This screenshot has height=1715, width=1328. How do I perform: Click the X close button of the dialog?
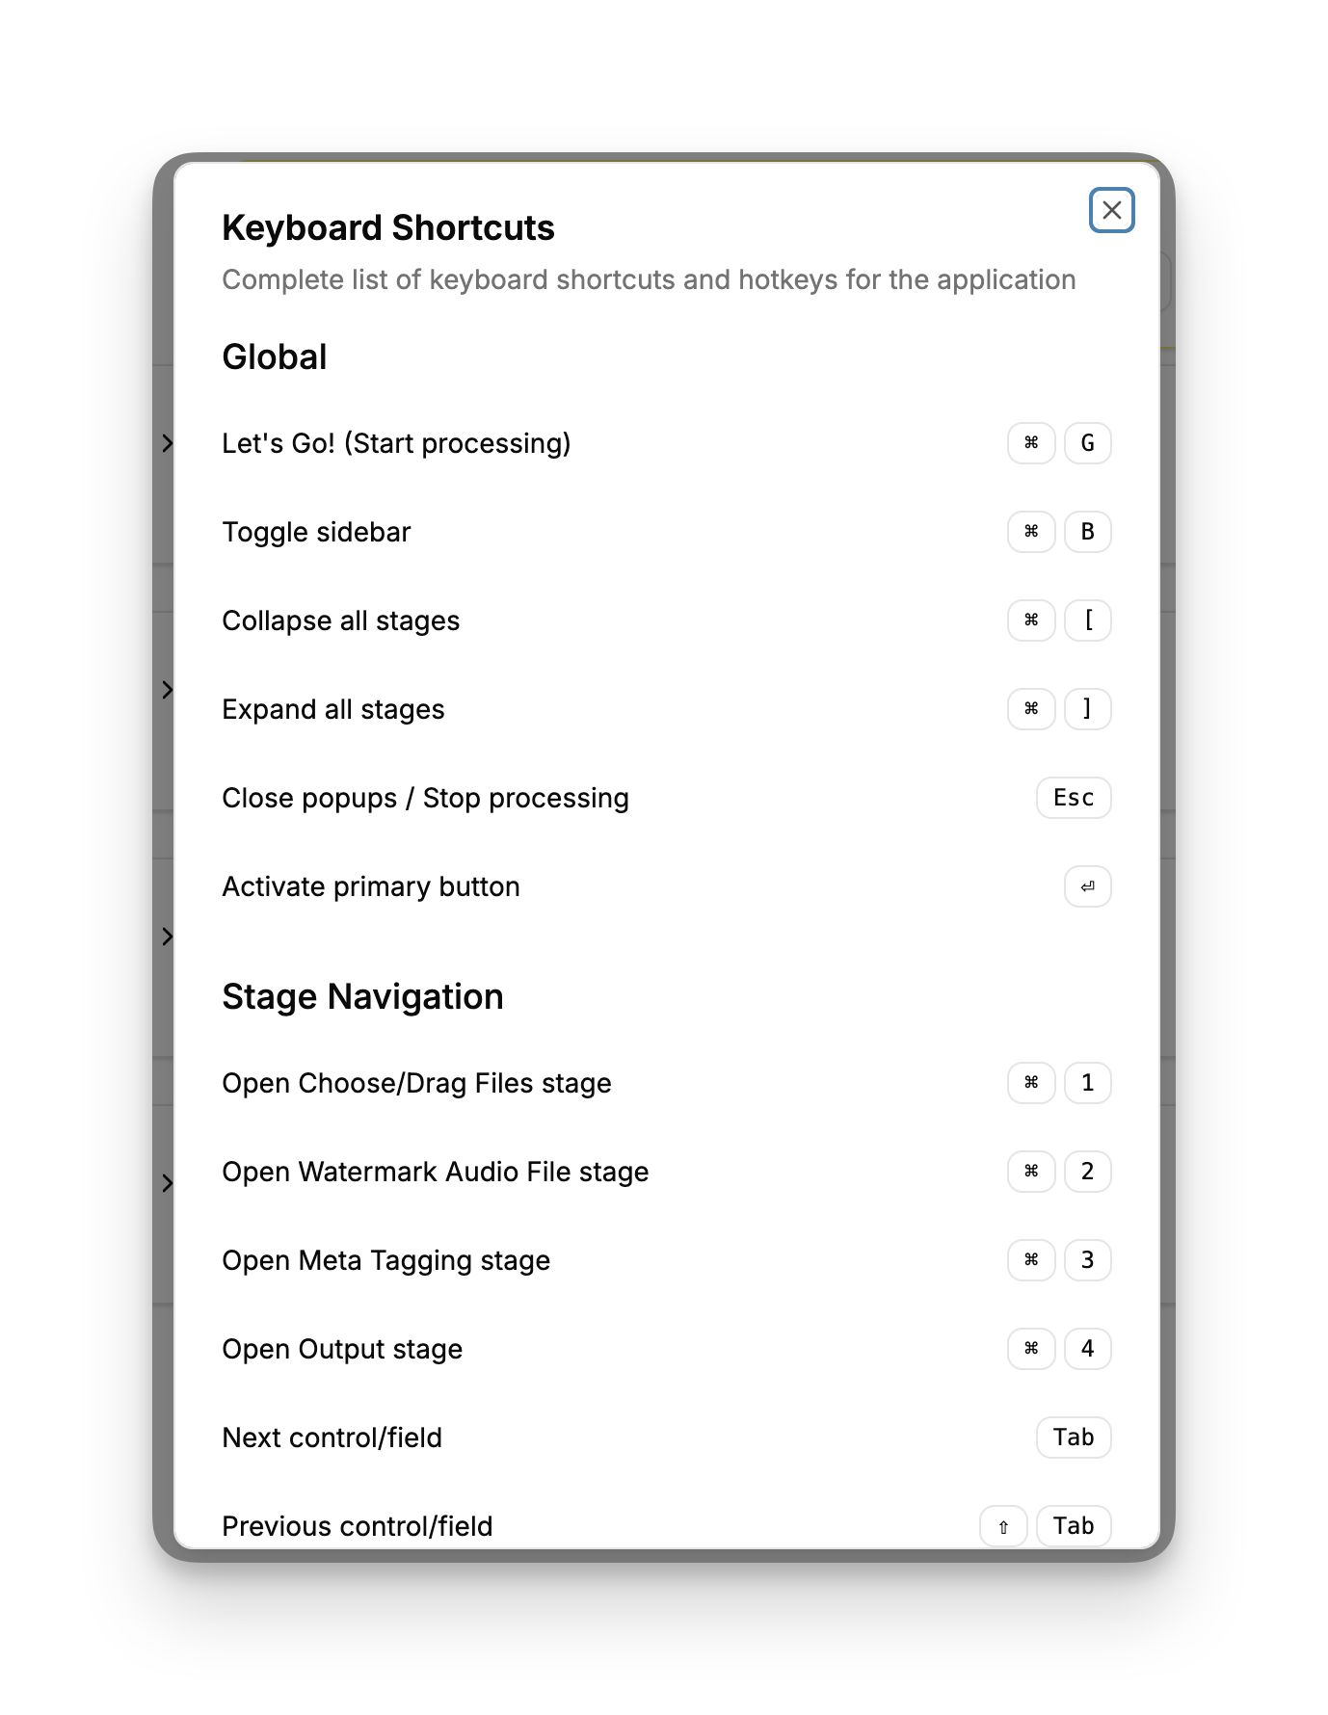click(x=1111, y=210)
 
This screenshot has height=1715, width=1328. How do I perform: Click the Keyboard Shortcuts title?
click(x=387, y=228)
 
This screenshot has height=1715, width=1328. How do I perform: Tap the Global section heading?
click(x=275, y=357)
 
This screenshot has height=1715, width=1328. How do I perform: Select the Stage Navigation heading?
click(x=362, y=997)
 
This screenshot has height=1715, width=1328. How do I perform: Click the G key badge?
click(x=1087, y=443)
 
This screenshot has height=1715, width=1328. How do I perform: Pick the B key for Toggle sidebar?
click(x=1087, y=532)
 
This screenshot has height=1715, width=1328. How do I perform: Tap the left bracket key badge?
click(x=1087, y=620)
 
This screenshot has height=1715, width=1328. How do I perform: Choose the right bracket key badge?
click(x=1087, y=709)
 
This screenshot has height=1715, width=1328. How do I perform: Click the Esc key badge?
click(x=1073, y=798)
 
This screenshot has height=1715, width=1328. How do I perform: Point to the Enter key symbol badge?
click(x=1087, y=886)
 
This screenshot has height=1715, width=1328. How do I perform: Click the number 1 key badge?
click(x=1087, y=1083)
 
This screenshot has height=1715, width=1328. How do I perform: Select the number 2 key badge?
click(x=1087, y=1172)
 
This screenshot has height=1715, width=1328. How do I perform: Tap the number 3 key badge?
click(x=1087, y=1260)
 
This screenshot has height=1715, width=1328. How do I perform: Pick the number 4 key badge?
click(x=1087, y=1349)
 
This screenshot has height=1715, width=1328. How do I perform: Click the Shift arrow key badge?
click(x=1003, y=1526)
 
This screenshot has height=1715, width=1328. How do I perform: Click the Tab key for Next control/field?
click(x=1073, y=1438)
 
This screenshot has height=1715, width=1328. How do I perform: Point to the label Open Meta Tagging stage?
click(x=385, y=1260)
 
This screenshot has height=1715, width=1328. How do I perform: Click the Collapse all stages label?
click(x=340, y=620)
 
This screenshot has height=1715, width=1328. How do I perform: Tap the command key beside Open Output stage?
click(x=1031, y=1349)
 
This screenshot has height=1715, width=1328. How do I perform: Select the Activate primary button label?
click(x=370, y=886)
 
